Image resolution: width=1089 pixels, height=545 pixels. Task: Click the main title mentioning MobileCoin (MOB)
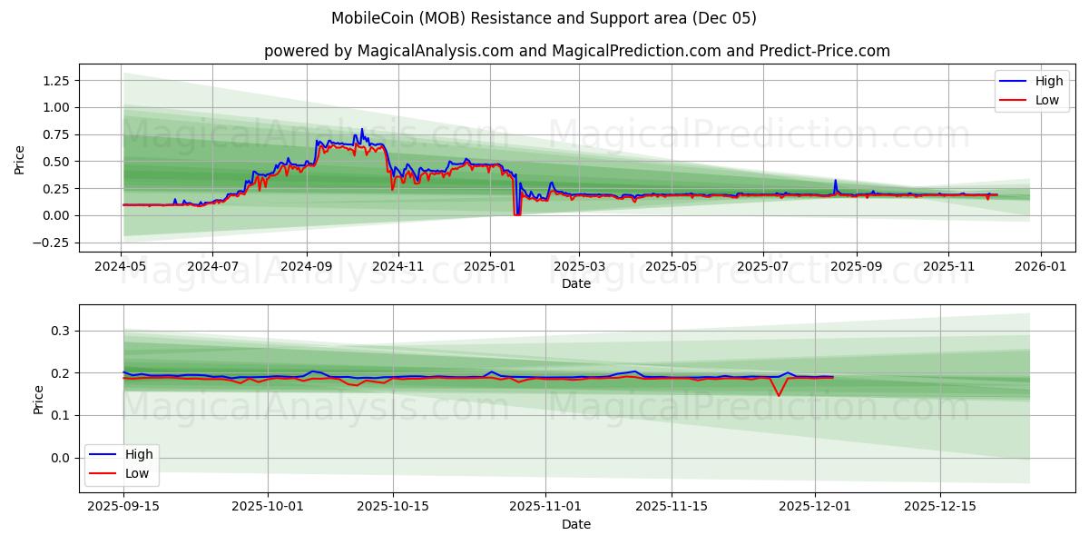(544, 18)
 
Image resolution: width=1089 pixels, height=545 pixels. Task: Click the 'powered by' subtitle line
(576, 51)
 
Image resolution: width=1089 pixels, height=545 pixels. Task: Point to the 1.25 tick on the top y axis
(54, 80)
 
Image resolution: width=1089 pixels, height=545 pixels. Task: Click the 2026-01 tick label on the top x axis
(1040, 268)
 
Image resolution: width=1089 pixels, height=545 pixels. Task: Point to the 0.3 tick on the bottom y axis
(62, 331)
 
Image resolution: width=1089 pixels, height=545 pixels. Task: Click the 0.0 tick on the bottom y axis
(62, 458)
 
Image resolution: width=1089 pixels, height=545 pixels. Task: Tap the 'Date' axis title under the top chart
(576, 283)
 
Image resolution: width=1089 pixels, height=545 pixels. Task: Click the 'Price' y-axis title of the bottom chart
(38, 399)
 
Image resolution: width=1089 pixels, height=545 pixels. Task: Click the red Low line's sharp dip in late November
(778, 395)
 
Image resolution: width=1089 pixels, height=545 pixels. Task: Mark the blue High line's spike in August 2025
(836, 181)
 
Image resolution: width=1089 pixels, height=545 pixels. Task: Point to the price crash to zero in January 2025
(516, 213)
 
